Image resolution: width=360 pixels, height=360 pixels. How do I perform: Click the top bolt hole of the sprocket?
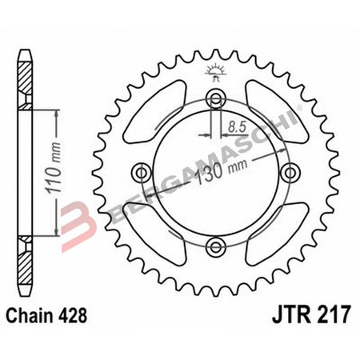(x=215, y=98)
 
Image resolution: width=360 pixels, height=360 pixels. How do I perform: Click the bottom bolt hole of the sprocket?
(x=215, y=246)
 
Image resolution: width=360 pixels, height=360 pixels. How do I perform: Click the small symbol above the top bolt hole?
(x=215, y=73)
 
